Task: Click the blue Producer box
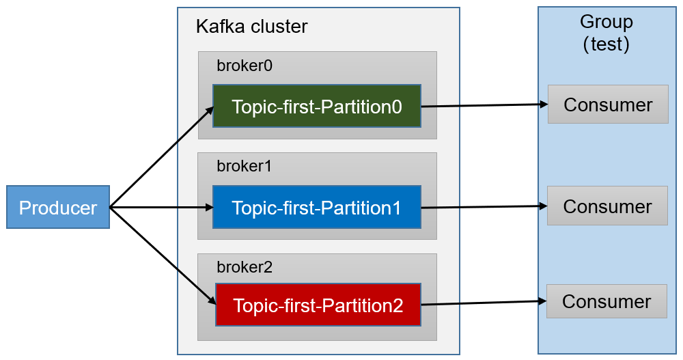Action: [58, 207]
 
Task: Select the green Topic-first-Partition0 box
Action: [316, 107]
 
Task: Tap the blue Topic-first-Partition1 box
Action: [316, 207]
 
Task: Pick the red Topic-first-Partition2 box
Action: [318, 305]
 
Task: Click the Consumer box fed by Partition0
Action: [608, 105]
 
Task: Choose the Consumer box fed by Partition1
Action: [607, 206]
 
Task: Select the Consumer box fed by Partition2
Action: [607, 301]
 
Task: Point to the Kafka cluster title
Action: [251, 27]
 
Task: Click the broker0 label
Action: [244, 66]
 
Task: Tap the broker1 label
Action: [244, 166]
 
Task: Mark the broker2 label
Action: [244, 267]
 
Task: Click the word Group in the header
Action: [606, 22]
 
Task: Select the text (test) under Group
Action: [606, 44]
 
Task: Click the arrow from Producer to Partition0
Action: [161, 158]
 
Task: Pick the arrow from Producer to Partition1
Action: [161, 207]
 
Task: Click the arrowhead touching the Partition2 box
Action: [211, 299]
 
